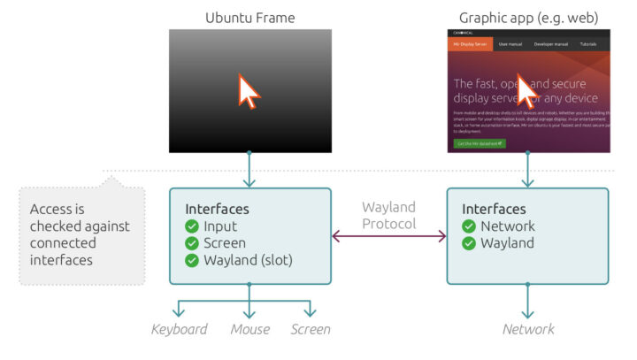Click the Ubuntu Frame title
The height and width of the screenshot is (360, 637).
point(250,17)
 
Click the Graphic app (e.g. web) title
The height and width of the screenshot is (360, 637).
point(528,17)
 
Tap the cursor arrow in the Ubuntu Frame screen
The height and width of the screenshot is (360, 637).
point(249,91)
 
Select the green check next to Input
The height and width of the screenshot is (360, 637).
point(192,226)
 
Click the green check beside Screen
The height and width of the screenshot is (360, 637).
point(192,243)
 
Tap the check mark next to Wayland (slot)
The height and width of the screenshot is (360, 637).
point(192,260)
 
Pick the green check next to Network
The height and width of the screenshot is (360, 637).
point(469,226)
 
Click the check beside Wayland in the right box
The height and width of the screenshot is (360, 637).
point(469,243)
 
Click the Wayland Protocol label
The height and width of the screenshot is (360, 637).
point(388,215)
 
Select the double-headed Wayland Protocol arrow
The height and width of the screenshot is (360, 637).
point(388,236)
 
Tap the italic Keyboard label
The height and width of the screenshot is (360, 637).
point(179,330)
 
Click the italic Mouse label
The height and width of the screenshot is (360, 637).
point(249,330)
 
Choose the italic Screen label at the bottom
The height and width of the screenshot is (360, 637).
point(311,330)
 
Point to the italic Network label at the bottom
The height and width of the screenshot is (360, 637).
point(528,330)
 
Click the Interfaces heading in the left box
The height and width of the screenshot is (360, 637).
point(217,210)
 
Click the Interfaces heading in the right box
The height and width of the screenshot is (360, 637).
point(494,210)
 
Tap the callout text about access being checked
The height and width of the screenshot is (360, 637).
point(80,235)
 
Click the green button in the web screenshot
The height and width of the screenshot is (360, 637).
point(480,142)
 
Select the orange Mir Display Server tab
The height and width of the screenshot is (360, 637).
point(470,43)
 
